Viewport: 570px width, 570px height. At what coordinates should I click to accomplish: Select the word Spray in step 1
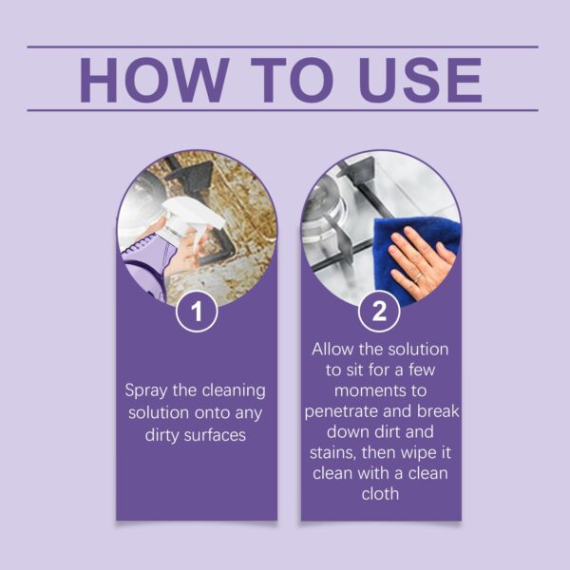point(147,390)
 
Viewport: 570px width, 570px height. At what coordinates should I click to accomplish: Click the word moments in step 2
point(381,390)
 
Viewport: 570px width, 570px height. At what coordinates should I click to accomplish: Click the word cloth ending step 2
point(381,494)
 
